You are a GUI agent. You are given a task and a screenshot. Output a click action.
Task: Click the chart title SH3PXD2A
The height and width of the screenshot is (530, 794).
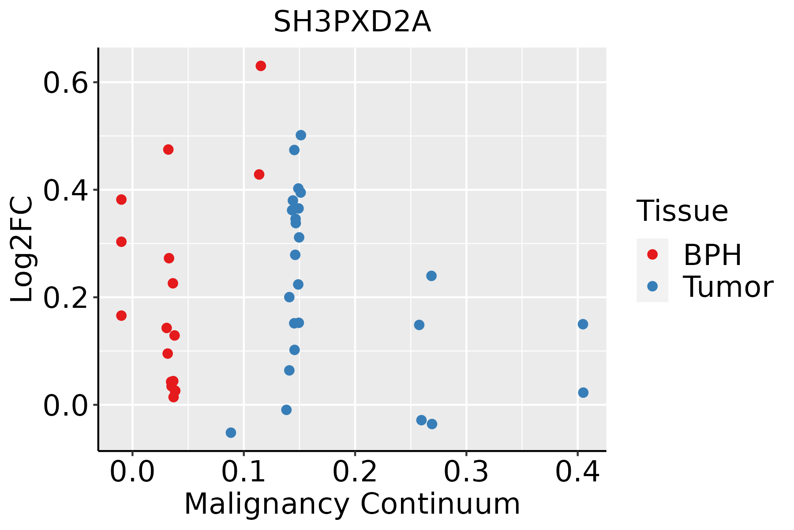pyautogui.click(x=352, y=22)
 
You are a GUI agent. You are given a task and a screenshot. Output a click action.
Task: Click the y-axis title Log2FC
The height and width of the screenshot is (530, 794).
pyautogui.click(x=22, y=250)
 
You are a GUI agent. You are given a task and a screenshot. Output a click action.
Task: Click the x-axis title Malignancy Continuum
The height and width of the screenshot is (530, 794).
pyautogui.click(x=352, y=504)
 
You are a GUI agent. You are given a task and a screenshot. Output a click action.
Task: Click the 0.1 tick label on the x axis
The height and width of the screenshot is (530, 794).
pyautogui.click(x=243, y=472)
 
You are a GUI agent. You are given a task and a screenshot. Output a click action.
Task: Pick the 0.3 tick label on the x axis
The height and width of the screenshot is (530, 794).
pyautogui.click(x=466, y=472)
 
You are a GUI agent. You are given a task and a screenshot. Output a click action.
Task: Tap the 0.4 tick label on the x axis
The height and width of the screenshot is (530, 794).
pyautogui.click(x=577, y=472)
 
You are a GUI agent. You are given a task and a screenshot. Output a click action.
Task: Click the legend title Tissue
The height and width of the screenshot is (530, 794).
pyautogui.click(x=682, y=211)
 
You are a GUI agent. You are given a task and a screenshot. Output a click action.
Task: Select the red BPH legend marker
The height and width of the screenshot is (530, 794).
pyautogui.click(x=652, y=254)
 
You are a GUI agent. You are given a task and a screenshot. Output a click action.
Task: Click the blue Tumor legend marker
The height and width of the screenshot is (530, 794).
pyautogui.click(x=652, y=286)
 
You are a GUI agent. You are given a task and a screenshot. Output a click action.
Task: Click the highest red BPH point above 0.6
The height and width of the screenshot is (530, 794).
pyautogui.click(x=261, y=66)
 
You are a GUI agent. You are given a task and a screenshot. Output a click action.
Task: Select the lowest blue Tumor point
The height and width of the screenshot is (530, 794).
pyautogui.click(x=231, y=432)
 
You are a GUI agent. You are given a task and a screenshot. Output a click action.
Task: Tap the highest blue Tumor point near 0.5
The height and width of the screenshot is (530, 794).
pyautogui.click(x=301, y=135)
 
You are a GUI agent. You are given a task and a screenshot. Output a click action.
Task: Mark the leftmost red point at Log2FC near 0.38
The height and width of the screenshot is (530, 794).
pyautogui.click(x=121, y=200)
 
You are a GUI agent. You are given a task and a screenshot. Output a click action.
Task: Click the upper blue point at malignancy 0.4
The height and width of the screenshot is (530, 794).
pyautogui.click(x=583, y=324)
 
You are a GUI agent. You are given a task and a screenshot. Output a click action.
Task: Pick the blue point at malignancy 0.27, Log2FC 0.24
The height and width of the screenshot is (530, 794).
pyautogui.click(x=431, y=276)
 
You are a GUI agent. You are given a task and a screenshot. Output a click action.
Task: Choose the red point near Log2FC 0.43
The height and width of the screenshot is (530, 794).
pyautogui.click(x=259, y=174)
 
